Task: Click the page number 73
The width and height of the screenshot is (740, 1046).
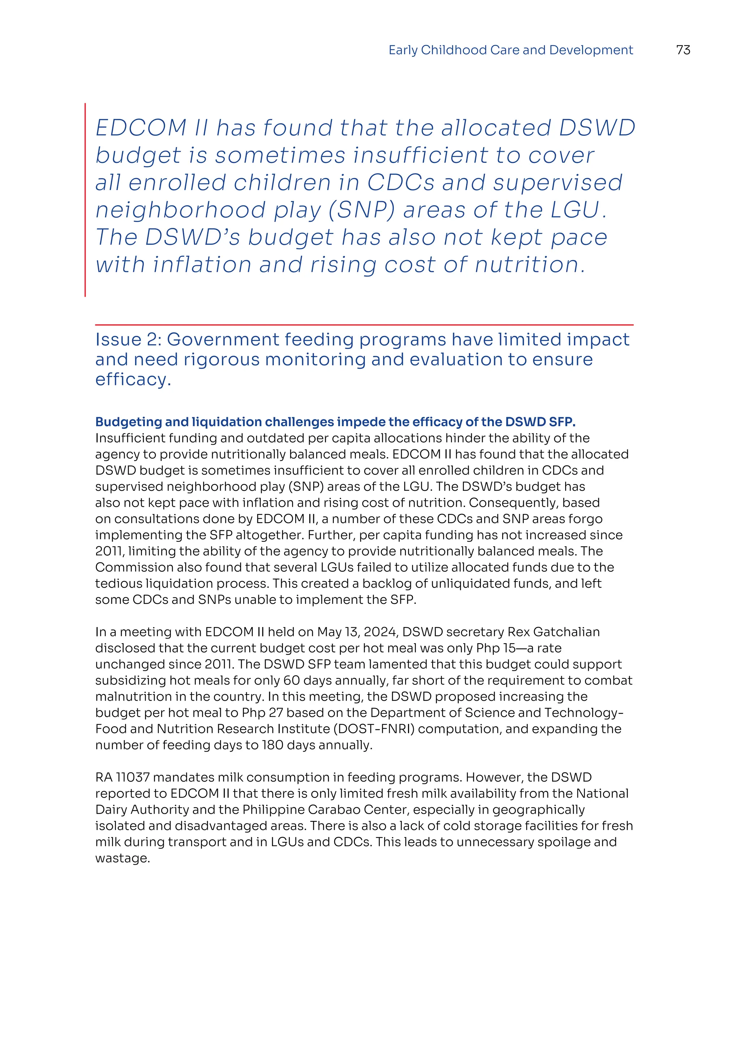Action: coord(683,50)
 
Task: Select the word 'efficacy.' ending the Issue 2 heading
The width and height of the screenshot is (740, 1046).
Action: coord(133,380)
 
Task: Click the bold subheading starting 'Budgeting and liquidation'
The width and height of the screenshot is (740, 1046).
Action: coord(335,422)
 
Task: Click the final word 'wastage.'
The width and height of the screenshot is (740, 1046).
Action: coord(122,858)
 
